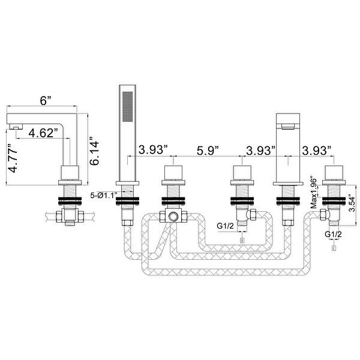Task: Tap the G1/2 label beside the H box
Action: click(226, 226)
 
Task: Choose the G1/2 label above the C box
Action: click(334, 233)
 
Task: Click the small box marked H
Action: click(242, 241)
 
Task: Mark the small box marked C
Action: click(334, 246)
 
